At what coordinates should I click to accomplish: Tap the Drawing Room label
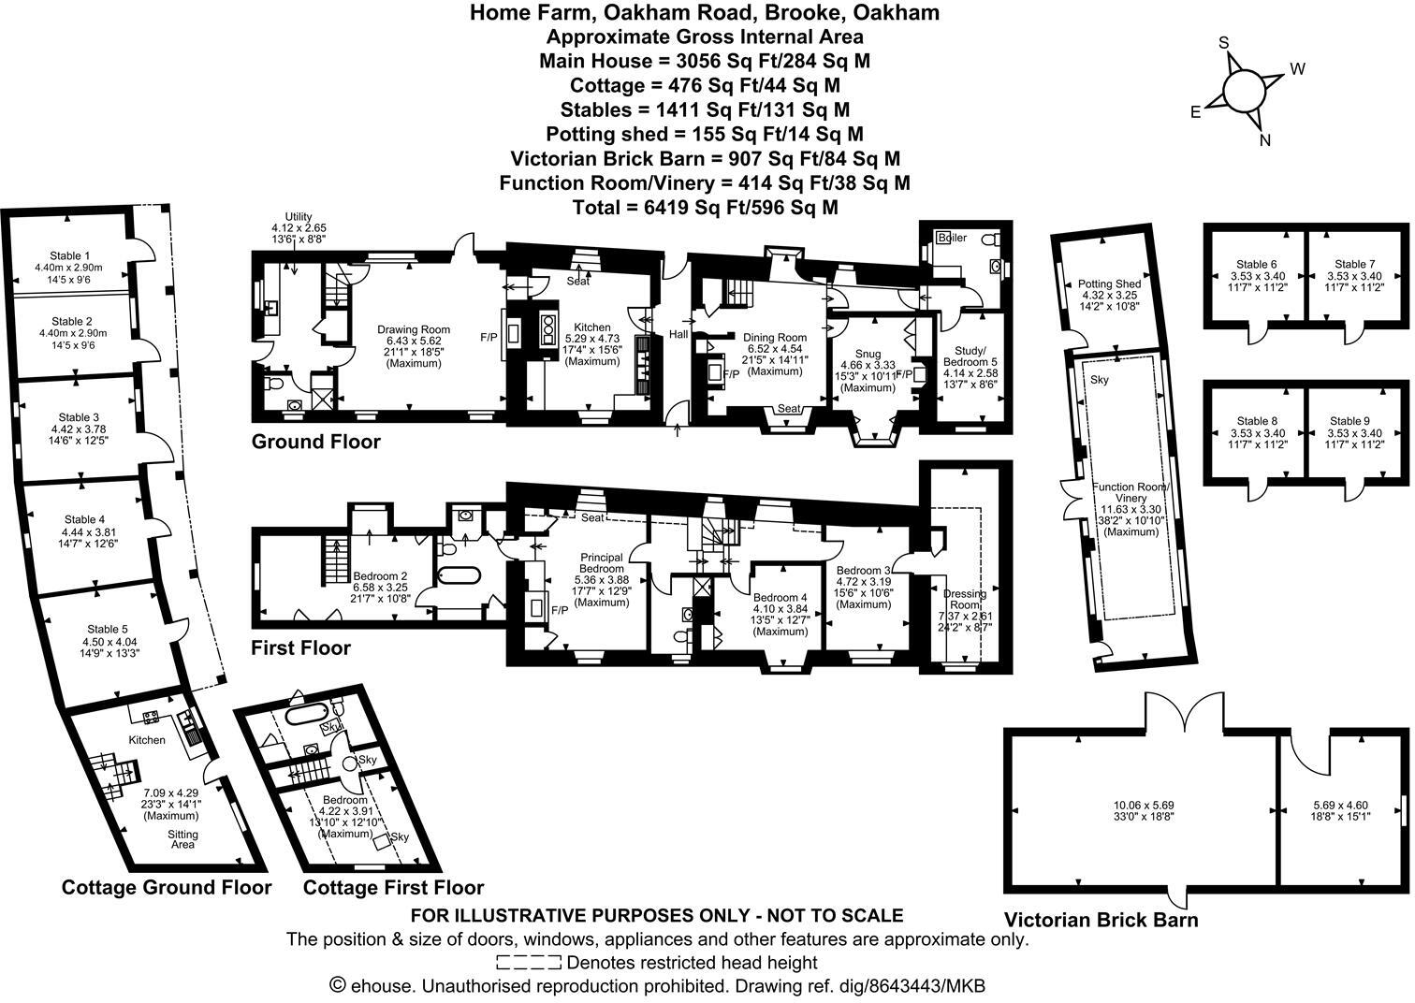[x=414, y=329]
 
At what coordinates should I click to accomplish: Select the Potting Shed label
[x=1109, y=284]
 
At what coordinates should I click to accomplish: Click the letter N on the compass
[x=1265, y=140]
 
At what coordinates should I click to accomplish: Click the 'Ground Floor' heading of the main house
[x=315, y=442]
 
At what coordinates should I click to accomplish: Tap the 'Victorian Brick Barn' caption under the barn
[x=1101, y=920]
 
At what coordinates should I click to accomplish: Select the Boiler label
[x=953, y=238]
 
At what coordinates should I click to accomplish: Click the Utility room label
[x=299, y=216]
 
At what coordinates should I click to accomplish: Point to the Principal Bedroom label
[x=601, y=563]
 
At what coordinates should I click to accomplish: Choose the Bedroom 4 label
[x=780, y=598]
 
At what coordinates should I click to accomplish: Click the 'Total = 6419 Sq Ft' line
[x=704, y=207]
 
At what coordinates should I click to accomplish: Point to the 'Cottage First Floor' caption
[x=394, y=888]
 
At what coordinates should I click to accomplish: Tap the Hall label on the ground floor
[x=678, y=334]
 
